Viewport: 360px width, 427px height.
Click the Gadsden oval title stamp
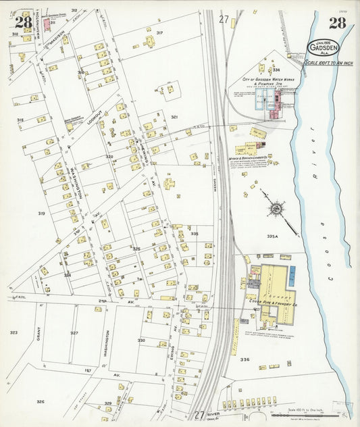(x=322, y=48)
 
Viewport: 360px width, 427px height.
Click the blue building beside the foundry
(x=292, y=274)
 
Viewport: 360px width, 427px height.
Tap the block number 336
(x=245, y=359)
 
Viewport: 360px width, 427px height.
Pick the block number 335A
(x=273, y=236)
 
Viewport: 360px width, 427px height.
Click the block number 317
(x=160, y=32)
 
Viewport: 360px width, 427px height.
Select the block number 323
(x=14, y=332)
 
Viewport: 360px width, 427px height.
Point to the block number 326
(x=41, y=402)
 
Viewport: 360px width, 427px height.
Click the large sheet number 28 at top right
(x=337, y=24)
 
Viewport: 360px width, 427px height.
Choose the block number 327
(x=74, y=333)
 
